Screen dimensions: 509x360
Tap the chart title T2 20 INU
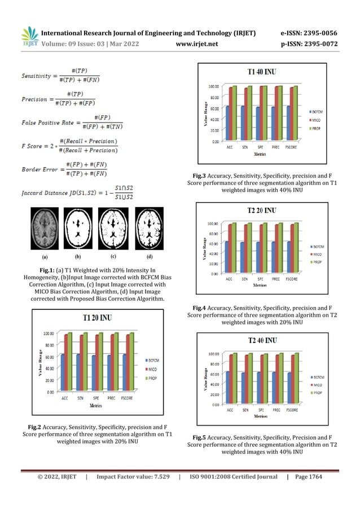click(x=262, y=210)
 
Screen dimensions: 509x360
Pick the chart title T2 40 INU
click(x=262, y=340)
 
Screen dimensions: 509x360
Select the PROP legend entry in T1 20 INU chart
click(x=152, y=376)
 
